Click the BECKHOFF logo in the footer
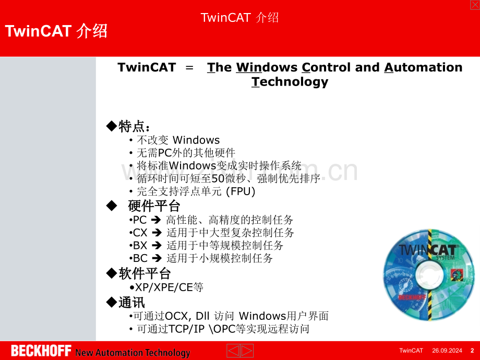(41, 351)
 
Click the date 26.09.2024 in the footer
(447, 351)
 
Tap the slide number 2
(472, 351)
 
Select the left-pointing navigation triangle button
(233, 351)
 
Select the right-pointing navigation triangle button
(247, 351)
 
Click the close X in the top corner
(475, 5)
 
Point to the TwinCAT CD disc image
(429, 275)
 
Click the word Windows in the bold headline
(267, 67)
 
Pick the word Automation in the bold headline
(423, 67)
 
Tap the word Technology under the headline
(290, 82)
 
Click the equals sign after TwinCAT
(189, 67)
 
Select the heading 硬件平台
(154, 206)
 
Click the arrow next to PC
(157, 220)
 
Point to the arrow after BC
(157, 258)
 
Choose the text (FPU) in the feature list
(241, 191)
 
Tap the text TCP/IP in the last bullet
(186, 329)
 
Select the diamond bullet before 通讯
(112, 302)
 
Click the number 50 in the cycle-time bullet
(218, 178)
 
